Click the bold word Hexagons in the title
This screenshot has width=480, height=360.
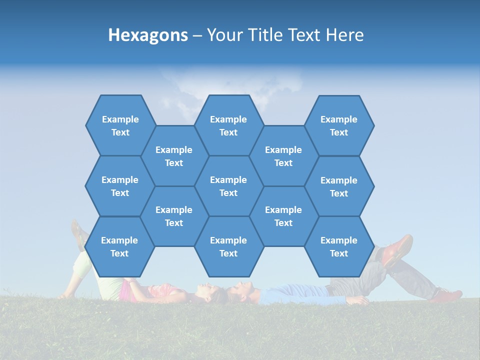[x=148, y=35]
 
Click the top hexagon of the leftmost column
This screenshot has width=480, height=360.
[x=120, y=125]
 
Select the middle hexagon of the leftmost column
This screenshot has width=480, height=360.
[x=120, y=186]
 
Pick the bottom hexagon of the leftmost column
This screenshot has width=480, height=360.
[x=119, y=246]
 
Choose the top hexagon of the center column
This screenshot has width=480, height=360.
[x=228, y=125]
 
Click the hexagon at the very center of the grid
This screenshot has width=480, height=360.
[x=228, y=186]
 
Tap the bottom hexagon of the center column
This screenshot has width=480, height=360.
[x=228, y=246]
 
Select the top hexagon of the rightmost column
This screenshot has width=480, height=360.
[x=339, y=125]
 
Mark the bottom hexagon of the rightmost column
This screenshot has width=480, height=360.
[x=339, y=246]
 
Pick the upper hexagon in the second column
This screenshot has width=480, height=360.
[x=174, y=156]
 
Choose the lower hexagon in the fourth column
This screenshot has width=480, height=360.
[x=283, y=216]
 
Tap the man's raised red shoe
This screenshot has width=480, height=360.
[x=398, y=248]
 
